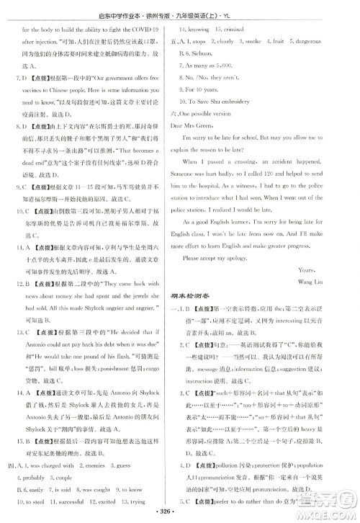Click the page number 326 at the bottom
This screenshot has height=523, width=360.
tap(180, 515)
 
